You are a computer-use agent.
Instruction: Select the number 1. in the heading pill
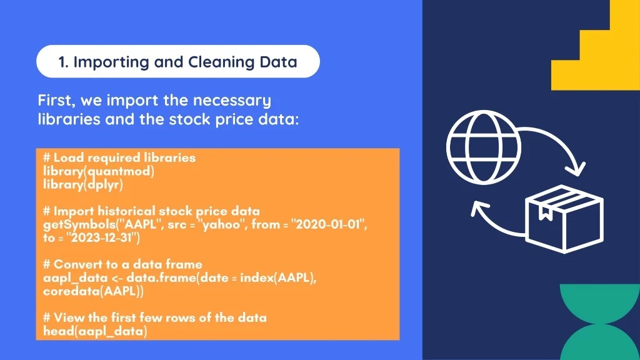tap(63, 62)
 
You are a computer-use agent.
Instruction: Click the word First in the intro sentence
tap(56, 101)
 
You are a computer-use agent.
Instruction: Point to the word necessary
tap(232, 101)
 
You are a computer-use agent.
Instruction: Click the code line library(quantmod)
tap(99, 171)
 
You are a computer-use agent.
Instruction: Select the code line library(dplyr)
tap(83, 185)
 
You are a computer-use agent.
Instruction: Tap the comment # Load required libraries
tap(119, 157)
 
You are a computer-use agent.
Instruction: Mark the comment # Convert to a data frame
tap(122, 264)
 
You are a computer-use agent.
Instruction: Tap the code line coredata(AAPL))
tap(93, 291)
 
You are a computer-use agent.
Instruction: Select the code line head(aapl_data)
tap(95, 331)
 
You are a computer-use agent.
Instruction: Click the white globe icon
tap(484, 147)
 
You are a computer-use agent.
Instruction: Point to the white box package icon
tap(564, 219)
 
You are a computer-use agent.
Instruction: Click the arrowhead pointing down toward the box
tap(576, 168)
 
